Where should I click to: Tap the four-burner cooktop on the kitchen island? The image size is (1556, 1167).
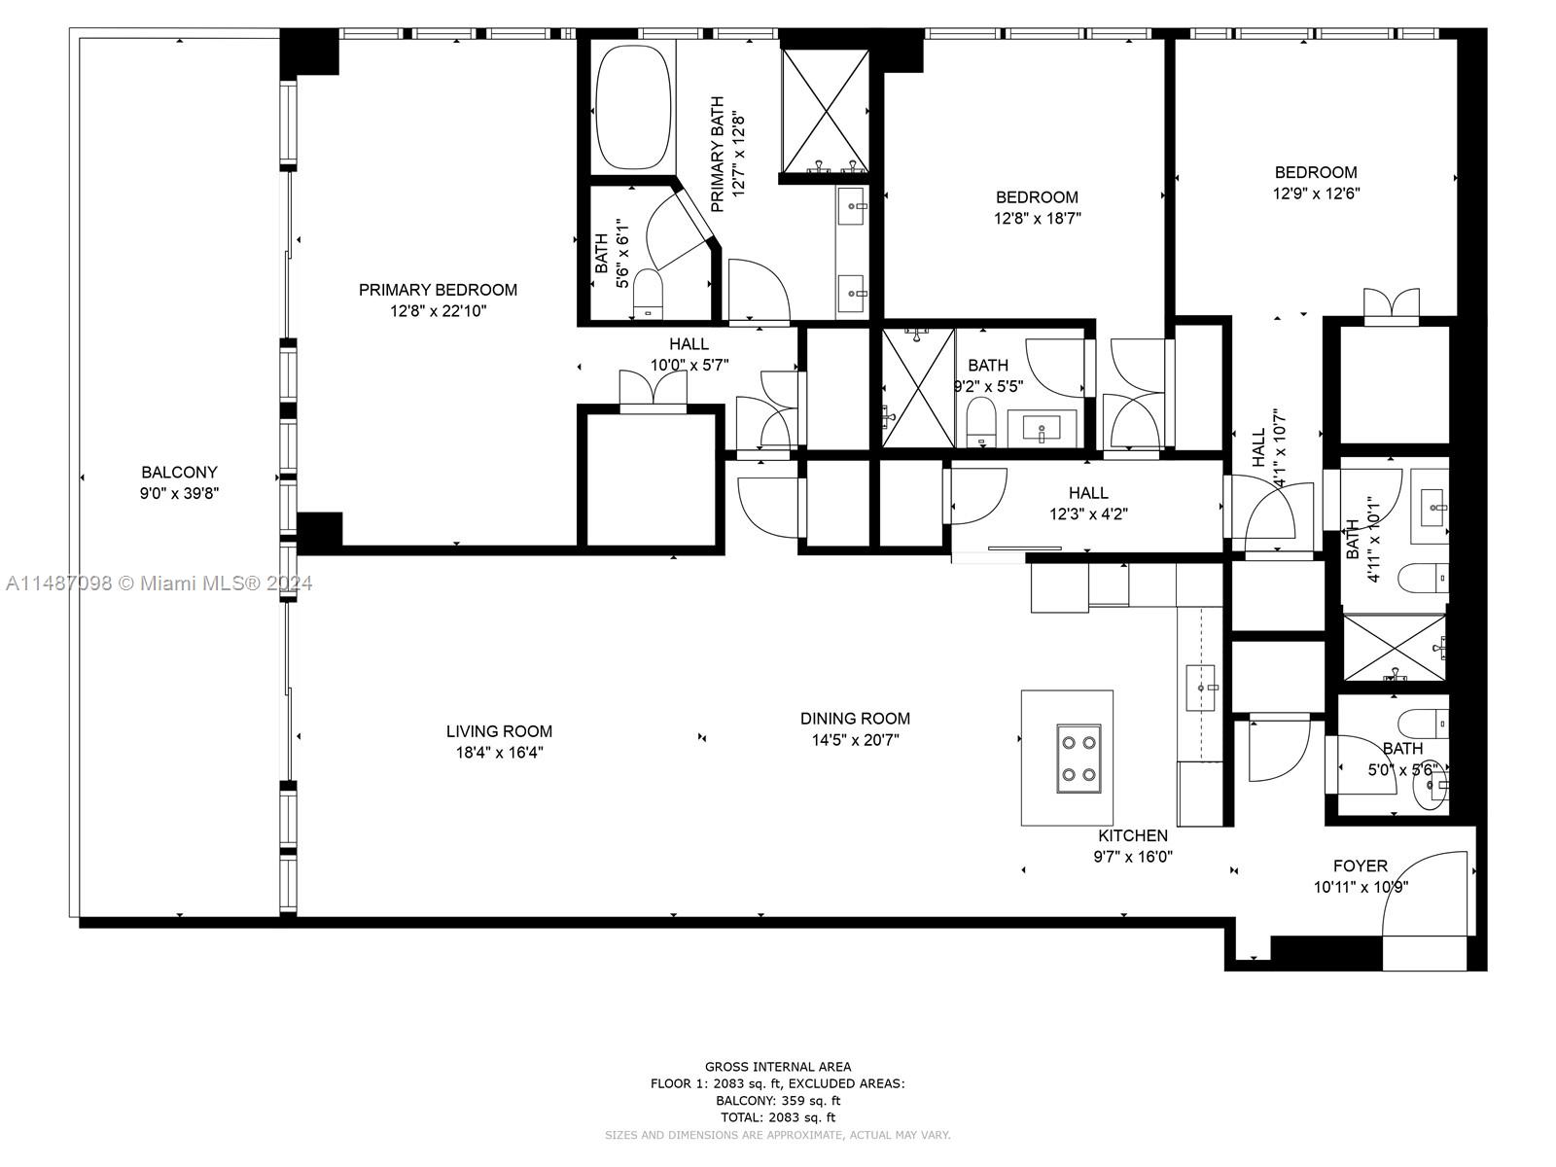pos(1079,759)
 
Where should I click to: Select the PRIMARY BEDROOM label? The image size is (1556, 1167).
pos(438,290)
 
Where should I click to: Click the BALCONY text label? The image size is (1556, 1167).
pos(179,473)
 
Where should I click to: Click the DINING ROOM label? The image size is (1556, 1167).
pos(855,719)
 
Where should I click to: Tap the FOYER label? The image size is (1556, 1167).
pos(1360,866)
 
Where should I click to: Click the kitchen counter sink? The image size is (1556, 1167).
pos(1201,687)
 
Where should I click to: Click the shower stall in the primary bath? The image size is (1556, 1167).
pos(825,110)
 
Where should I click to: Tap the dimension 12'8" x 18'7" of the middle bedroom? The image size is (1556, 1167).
pos(1037,219)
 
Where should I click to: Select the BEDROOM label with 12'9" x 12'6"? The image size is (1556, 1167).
pos(1316,172)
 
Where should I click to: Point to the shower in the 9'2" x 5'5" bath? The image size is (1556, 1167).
pos(918,387)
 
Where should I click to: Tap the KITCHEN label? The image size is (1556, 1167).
pos(1133,835)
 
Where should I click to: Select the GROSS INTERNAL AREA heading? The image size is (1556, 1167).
pos(777,1067)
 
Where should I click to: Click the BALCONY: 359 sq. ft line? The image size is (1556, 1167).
pos(777,1101)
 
